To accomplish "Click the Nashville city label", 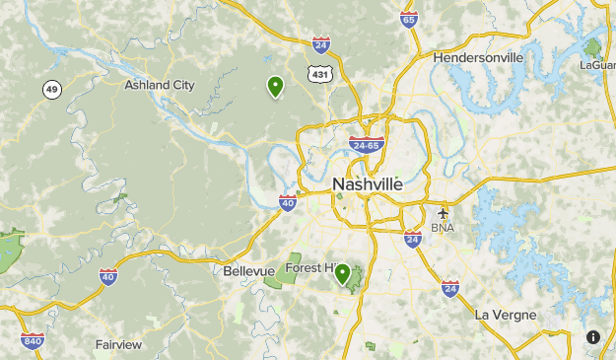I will (x=368, y=184).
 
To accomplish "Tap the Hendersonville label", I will (x=478, y=57).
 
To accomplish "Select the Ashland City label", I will (x=160, y=85).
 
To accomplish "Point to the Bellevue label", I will (x=246, y=270).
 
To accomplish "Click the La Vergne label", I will (x=506, y=315).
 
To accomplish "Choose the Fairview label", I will (x=118, y=344).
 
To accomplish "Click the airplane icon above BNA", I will (x=443, y=211).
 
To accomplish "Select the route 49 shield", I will (x=51, y=90).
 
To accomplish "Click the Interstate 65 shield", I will (x=409, y=20).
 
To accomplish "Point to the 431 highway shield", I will (x=319, y=73).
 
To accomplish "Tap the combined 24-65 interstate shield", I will (x=366, y=145).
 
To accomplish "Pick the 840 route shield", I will (x=32, y=340).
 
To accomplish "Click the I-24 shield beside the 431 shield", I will (x=320, y=44).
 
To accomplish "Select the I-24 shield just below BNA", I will (x=413, y=238).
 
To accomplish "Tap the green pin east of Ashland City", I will (x=276, y=87).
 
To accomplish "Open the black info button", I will (x=593, y=337).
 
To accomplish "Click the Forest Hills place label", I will (x=311, y=268).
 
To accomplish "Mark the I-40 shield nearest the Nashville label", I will (x=288, y=203).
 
